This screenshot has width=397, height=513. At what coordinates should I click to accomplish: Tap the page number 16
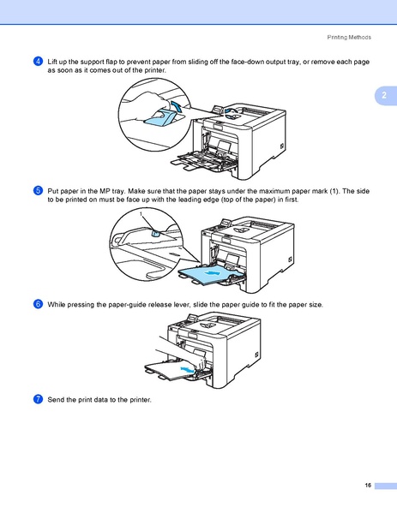click(367, 486)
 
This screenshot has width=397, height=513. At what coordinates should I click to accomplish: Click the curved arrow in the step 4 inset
click(177, 105)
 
